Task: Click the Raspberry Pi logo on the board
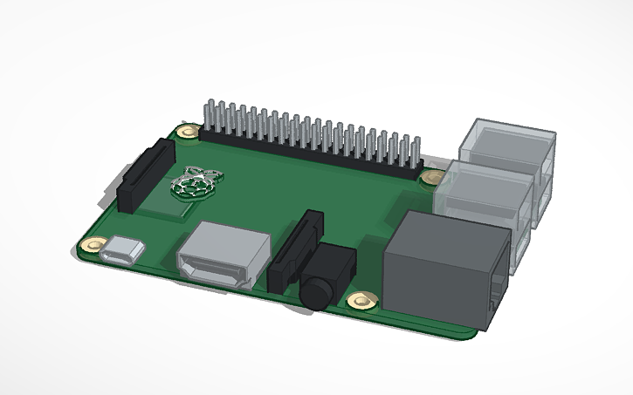point(196,184)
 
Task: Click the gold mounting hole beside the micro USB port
point(91,246)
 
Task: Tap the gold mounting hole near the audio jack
point(361,302)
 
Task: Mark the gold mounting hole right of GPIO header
point(430,176)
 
